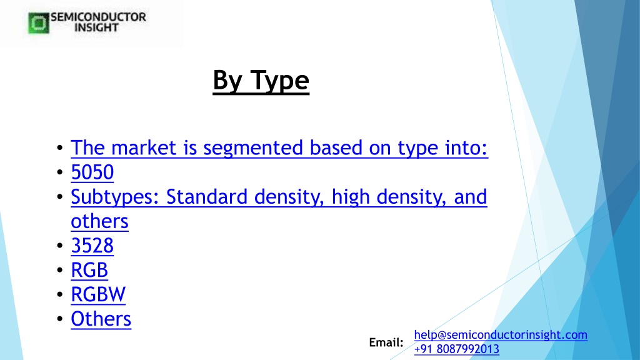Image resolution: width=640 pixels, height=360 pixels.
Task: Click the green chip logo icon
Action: point(39,23)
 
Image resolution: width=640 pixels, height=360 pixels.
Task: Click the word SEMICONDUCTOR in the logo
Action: point(98,17)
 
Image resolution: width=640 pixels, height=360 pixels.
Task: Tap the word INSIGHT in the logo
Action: point(96,27)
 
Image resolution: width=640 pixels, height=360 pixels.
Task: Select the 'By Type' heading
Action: point(261,81)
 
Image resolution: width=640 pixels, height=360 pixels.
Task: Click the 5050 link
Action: point(92,172)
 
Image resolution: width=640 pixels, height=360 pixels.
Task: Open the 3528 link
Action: point(92,245)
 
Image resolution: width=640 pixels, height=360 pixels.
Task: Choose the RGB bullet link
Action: point(89,270)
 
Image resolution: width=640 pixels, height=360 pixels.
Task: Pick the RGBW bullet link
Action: point(98,294)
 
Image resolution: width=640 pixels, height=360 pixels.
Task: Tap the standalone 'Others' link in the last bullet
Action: point(101,319)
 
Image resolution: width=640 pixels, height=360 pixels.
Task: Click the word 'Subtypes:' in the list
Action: point(115,197)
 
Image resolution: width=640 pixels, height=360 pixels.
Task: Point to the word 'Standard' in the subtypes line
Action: point(207,196)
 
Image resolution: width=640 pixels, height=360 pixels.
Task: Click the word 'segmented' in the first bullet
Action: point(253,148)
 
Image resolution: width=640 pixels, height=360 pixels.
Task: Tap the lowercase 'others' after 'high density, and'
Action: point(99,221)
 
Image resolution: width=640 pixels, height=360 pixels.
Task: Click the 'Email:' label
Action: point(386,342)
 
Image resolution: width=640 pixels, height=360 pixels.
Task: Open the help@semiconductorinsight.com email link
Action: point(501,335)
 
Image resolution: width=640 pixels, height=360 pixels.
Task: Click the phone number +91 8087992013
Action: point(457,349)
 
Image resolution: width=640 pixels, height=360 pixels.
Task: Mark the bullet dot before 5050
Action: point(60,172)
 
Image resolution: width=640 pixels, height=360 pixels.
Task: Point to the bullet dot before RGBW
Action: point(60,294)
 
